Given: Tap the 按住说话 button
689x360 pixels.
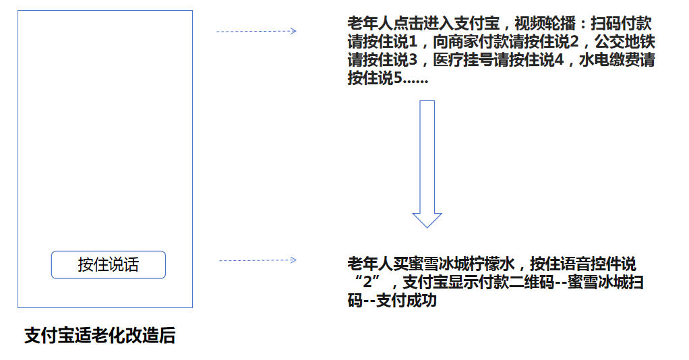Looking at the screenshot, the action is (108, 265).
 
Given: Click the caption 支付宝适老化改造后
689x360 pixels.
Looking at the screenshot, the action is (100, 335).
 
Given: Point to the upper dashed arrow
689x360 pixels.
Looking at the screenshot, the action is (256, 31).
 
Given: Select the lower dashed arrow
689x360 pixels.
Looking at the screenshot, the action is (258, 260).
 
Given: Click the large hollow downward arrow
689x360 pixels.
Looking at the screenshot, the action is (427, 164).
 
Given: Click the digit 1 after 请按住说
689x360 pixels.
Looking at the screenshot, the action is (413, 42).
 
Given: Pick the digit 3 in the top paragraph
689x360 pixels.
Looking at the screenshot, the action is (413, 60).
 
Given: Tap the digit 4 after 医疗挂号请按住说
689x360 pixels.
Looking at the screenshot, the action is (559, 60).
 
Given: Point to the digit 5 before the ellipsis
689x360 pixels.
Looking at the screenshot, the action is (398, 78).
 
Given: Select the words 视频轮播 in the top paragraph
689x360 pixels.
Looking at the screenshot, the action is (545, 24).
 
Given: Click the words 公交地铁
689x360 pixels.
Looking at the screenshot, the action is (625, 42).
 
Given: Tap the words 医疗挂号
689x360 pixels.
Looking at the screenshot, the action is (463, 60).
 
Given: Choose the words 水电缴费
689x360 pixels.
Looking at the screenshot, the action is (609, 60).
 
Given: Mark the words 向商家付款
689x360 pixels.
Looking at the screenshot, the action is (471, 42).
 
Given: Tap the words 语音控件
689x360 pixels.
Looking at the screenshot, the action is (591, 264).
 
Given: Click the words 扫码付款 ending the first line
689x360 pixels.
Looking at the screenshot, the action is (621, 24).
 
